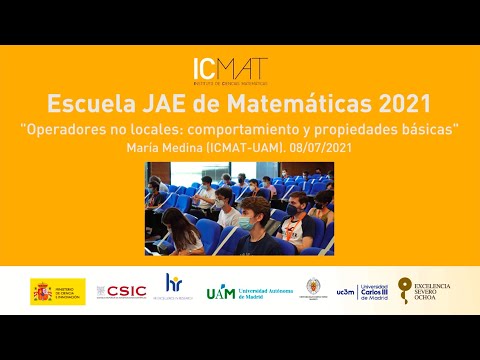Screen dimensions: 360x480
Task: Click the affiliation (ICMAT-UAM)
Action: point(236,147)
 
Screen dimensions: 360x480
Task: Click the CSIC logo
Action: point(122,292)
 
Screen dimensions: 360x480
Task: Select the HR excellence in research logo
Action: point(174,287)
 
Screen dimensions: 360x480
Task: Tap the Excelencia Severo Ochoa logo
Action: point(424,292)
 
